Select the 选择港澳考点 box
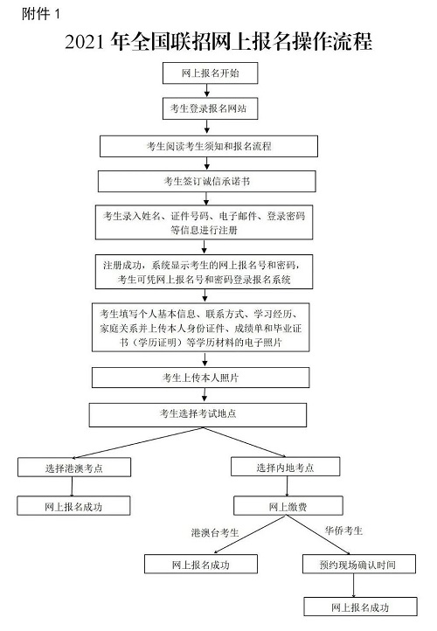tap(75, 468)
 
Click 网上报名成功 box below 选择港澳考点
tap(75, 506)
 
